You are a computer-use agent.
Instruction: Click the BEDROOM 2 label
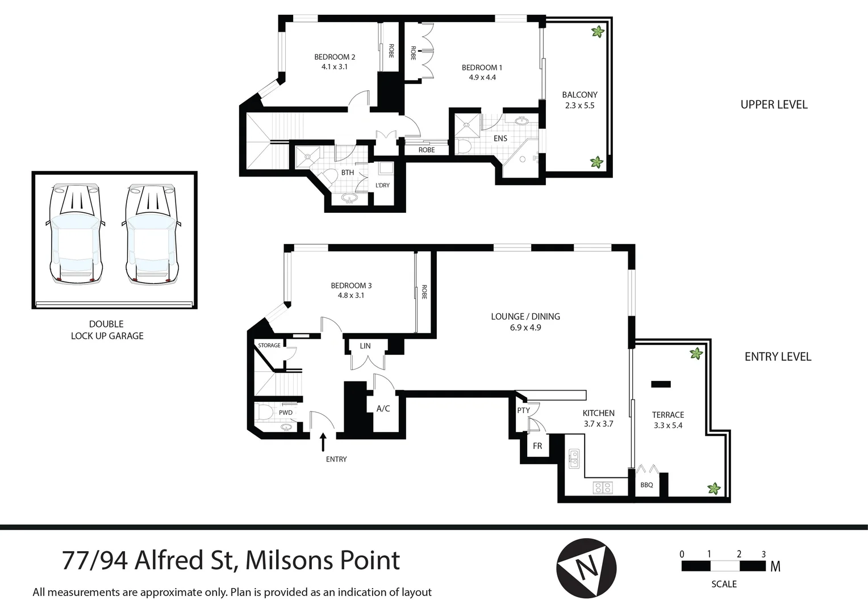(x=335, y=57)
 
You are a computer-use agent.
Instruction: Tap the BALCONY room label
(x=579, y=95)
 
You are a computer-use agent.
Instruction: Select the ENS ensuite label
(x=500, y=138)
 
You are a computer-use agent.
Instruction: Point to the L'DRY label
(x=382, y=186)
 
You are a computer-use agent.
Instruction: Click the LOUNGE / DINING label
(x=525, y=317)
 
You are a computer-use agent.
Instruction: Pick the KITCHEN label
(x=598, y=413)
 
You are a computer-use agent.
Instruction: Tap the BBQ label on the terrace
(x=646, y=485)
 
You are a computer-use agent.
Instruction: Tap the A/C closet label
(x=383, y=409)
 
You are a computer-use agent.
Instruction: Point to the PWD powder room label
(x=285, y=413)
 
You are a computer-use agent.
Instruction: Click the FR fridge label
(x=537, y=446)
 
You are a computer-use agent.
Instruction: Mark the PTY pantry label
(x=523, y=410)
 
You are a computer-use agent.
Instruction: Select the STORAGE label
(x=269, y=346)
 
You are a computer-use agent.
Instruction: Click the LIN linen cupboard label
(x=365, y=346)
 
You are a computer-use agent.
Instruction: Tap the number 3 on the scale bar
(x=763, y=554)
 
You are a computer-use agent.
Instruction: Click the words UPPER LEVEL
(x=774, y=104)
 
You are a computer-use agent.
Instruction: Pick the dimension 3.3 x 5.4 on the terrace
(x=667, y=425)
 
